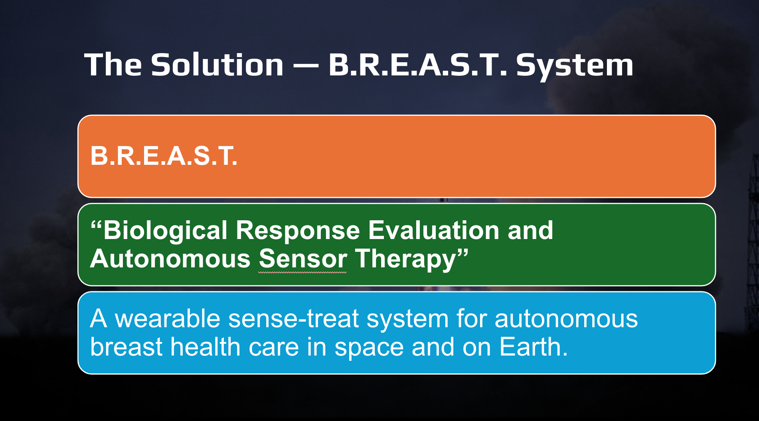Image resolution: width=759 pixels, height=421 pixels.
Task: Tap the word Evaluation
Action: (433, 230)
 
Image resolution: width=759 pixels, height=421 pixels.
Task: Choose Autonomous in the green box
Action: (170, 259)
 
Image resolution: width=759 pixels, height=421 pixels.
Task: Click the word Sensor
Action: (303, 259)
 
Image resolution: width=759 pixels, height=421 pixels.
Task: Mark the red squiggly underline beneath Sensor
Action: (302, 273)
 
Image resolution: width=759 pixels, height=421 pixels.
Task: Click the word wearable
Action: (168, 318)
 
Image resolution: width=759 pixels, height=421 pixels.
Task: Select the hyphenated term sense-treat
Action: (294, 319)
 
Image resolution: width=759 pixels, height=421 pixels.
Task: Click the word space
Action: (369, 348)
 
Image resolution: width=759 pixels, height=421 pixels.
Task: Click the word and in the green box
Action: (530, 230)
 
